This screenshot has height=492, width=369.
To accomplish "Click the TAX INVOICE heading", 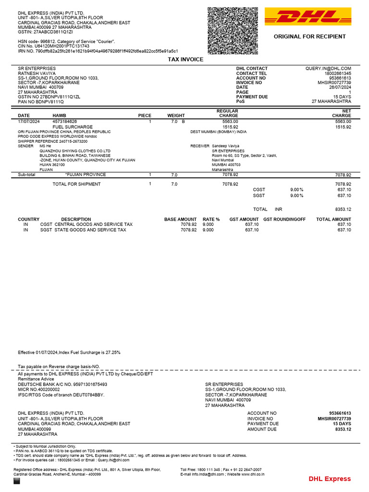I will (x=185, y=59).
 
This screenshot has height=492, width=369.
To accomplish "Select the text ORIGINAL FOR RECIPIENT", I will (x=309, y=37).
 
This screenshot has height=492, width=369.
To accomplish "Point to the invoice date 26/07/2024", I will (x=340, y=87).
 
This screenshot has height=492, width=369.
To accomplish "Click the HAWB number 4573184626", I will (x=65, y=122).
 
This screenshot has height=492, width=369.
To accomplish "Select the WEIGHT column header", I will (x=176, y=116).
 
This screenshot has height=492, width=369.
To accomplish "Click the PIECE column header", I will (x=145, y=116).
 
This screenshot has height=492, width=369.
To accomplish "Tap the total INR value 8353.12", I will (x=343, y=209).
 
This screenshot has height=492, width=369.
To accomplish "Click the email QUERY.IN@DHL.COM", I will (x=328, y=69).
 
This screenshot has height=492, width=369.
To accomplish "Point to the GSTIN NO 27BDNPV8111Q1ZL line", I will (x=49, y=97).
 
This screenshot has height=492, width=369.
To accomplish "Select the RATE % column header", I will (x=211, y=220).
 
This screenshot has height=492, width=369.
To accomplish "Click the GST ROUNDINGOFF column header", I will (x=284, y=220).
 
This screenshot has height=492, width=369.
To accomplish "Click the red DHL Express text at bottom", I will (x=329, y=479).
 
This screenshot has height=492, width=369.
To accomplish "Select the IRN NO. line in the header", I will (x=98, y=51).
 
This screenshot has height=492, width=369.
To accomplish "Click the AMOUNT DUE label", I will (x=262, y=429).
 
